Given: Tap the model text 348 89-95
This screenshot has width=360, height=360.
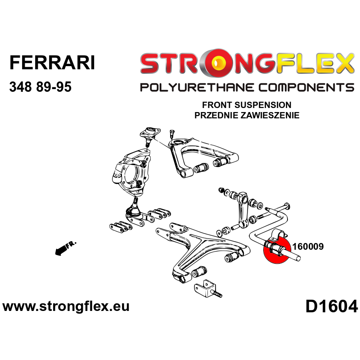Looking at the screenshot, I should point(40,87).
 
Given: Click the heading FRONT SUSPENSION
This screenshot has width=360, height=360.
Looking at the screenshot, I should point(247,105).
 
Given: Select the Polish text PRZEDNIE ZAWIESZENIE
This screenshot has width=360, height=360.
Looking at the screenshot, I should point(247,115).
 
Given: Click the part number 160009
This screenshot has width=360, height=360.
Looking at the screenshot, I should point(308,247).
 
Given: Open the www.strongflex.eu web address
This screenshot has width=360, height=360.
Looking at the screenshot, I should point(66,307).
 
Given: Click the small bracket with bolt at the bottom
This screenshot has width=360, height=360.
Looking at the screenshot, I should point(207,288).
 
